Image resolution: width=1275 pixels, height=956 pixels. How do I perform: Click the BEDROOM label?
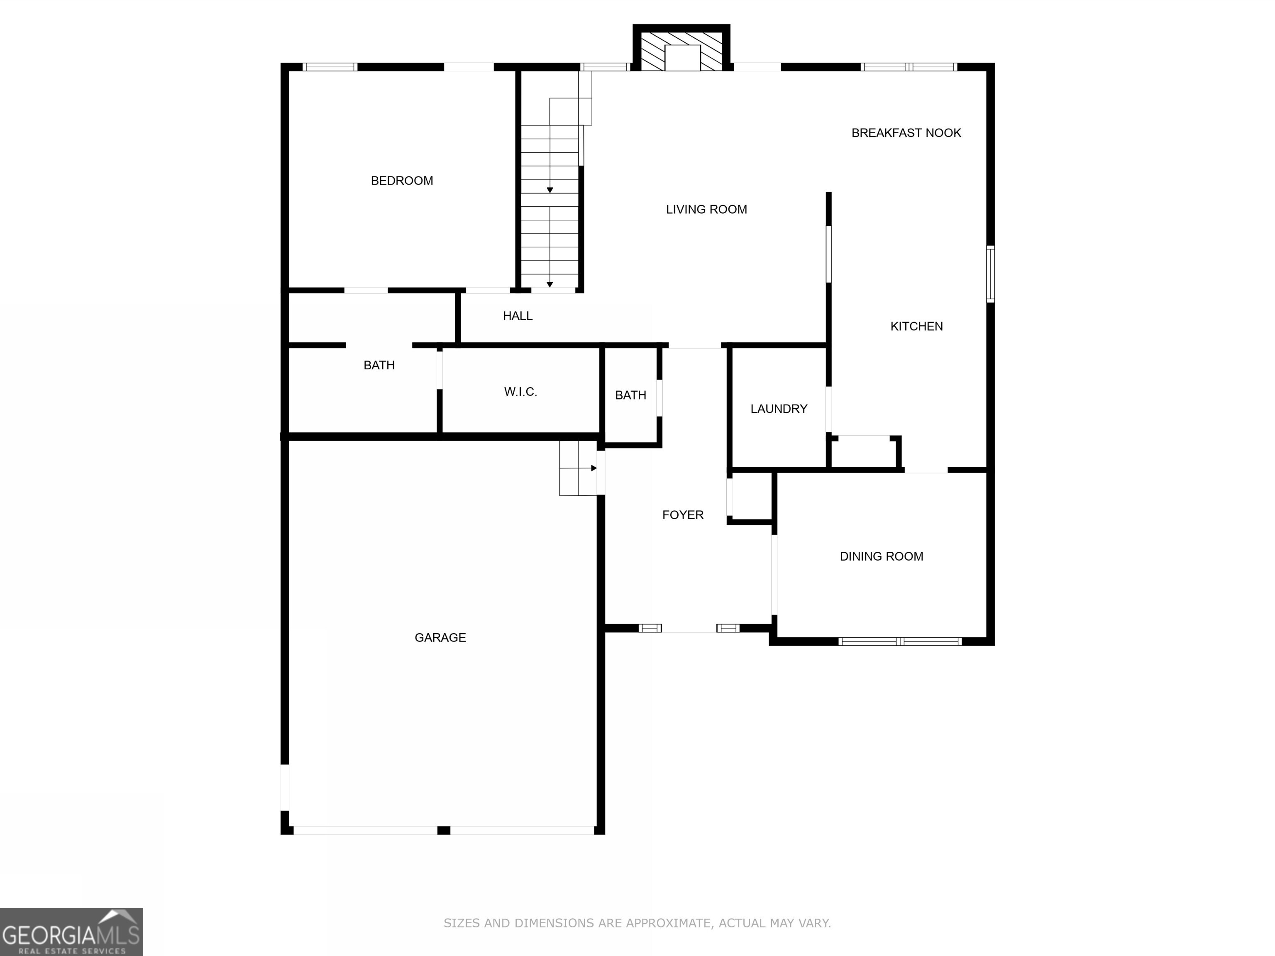(402, 181)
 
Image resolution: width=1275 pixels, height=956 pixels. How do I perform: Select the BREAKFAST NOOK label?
(906, 133)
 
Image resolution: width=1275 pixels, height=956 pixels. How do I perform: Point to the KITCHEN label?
(916, 327)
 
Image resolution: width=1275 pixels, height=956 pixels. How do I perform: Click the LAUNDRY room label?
(779, 409)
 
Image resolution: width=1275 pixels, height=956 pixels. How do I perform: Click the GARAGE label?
(440, 638)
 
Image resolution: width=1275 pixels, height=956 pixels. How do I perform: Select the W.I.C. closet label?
(520, 392)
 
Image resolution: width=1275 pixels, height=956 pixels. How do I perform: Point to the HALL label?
(518, 316)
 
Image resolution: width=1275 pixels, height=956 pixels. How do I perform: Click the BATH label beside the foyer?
(630, 395)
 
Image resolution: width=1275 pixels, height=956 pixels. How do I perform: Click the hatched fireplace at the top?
(682, 51)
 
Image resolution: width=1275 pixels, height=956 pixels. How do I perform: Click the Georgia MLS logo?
(71, 932)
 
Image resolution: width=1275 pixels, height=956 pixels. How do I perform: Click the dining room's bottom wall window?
(900, 641)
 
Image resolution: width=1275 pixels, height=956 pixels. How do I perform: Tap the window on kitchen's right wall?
(990, 274)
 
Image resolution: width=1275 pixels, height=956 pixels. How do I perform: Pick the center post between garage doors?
(443, 830)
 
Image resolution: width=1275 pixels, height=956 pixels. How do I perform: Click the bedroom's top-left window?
(330, 67)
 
